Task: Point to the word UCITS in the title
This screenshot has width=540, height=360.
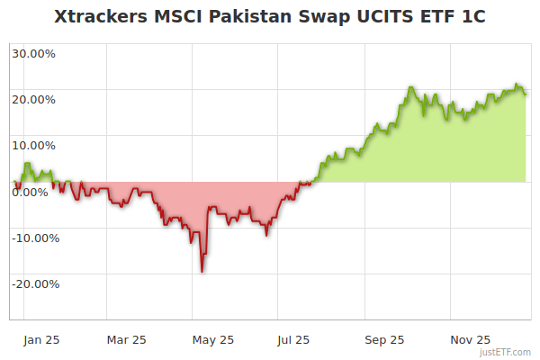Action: [x=372, y=17]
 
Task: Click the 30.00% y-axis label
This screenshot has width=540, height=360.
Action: [x=33, y=53]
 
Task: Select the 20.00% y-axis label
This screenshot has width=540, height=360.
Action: [x=33, y=99]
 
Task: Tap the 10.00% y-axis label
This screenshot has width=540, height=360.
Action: [x=33, y=145]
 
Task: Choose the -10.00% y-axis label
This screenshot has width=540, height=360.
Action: [x=35, y=238]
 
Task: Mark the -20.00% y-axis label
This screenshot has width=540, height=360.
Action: [x=35, y=284]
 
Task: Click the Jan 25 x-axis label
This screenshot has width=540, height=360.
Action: [x=41, y=340]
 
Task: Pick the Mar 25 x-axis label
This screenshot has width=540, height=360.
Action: [x=126, y=340]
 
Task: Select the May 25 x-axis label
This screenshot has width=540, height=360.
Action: [x=213, y=340]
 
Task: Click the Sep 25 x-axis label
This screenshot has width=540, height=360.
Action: [x=385, y=340]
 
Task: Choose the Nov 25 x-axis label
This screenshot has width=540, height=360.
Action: [x=471, y=340]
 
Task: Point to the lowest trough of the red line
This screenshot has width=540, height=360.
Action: [x=202, y=271]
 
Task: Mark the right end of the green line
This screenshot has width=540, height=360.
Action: [x=526, y=93]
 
